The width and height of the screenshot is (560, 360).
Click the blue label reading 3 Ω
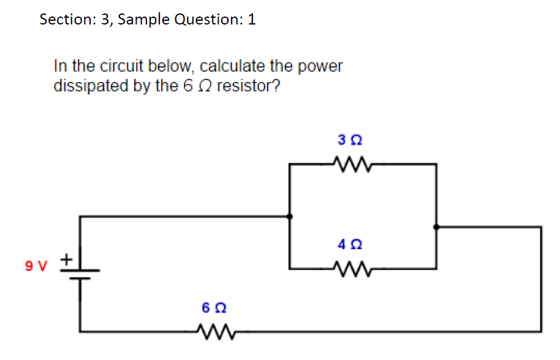(349, 140)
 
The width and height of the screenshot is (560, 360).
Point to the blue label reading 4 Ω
(349, 244)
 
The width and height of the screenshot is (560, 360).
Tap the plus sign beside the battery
(66, 261)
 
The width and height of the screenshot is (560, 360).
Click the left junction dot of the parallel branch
(290, 216)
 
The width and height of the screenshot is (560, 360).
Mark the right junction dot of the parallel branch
(436, 227)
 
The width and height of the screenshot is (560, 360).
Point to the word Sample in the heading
(144, 20)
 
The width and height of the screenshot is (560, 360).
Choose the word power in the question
(323, 67)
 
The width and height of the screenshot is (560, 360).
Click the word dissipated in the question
(91, 85)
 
